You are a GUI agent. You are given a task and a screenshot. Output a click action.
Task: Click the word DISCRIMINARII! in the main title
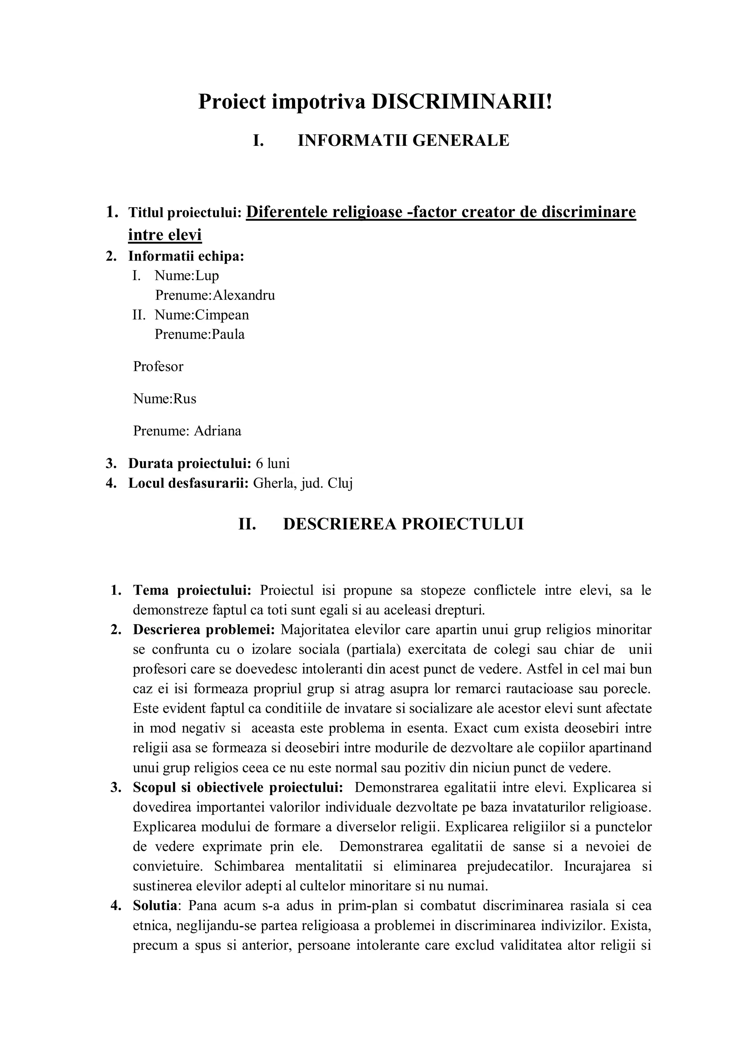pyautogui.click(x=462, y=101)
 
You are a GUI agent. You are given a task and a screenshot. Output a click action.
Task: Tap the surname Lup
pyautogui.click(x=207, y=275)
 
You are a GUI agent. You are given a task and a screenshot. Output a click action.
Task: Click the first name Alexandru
pyautogui.click(x=244, y=295)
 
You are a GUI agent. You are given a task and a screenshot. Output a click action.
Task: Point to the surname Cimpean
pyautogui.click(x=222, y=315)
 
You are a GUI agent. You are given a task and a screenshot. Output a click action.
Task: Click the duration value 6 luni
pyautogui.click(x=273, y=463)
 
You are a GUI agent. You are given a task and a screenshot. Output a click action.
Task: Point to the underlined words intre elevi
pyautogui.click(x=165, y=235)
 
